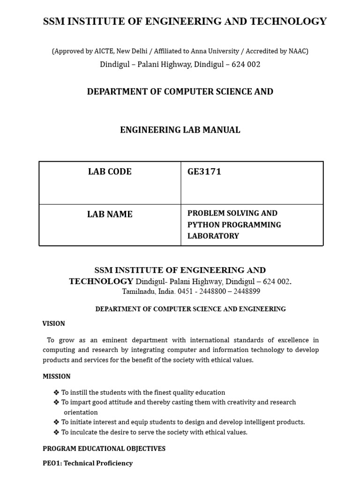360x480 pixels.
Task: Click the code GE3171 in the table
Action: (x=204, y=172)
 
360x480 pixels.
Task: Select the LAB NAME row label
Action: (x=110, y=214)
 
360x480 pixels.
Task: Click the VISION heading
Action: (x=53, y=323)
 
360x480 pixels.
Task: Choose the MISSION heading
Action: (x=56, y=376)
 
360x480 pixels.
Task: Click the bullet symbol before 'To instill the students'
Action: (x=56, y=392)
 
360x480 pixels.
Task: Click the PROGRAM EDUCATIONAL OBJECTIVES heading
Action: (x=104, y=449)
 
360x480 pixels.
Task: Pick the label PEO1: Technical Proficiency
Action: (x=88, y=463)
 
